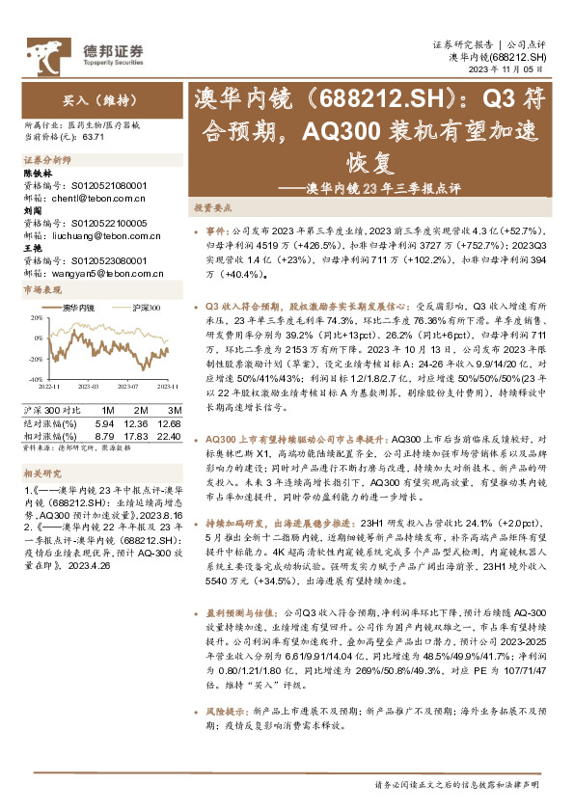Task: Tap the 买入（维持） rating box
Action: pos(86,98)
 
